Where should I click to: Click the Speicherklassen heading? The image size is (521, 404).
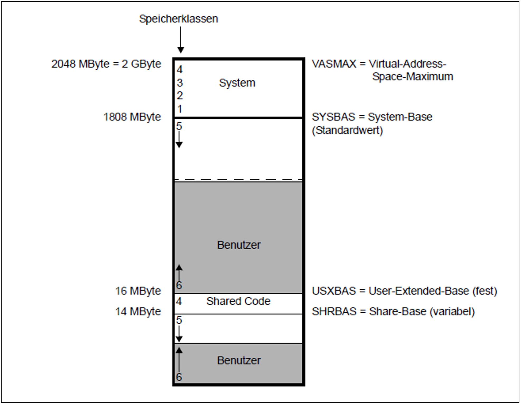(179, 19)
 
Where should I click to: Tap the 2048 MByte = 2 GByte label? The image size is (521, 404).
(106, 64)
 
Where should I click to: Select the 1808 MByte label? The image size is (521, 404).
(132, 117)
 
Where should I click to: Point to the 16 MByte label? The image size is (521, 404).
(138, 291)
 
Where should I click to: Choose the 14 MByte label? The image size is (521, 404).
(138, 311)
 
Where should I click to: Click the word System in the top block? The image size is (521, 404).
(237, 83)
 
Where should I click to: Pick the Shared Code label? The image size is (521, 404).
(238, 301)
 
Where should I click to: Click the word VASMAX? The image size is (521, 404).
(334, 64)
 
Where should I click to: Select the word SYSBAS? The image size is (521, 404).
(333, 117)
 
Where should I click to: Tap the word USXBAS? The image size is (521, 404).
(334, 291)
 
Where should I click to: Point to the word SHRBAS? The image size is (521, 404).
(334, 311)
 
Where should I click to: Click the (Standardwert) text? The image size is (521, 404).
(347, 130)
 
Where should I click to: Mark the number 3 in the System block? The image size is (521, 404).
(180, 83)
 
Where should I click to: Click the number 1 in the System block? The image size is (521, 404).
(180, 109)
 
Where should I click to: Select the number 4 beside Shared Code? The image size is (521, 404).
(179, 301)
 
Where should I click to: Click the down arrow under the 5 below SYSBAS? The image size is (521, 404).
(179, 140)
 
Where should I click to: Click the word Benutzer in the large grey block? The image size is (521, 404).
(239, 245)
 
